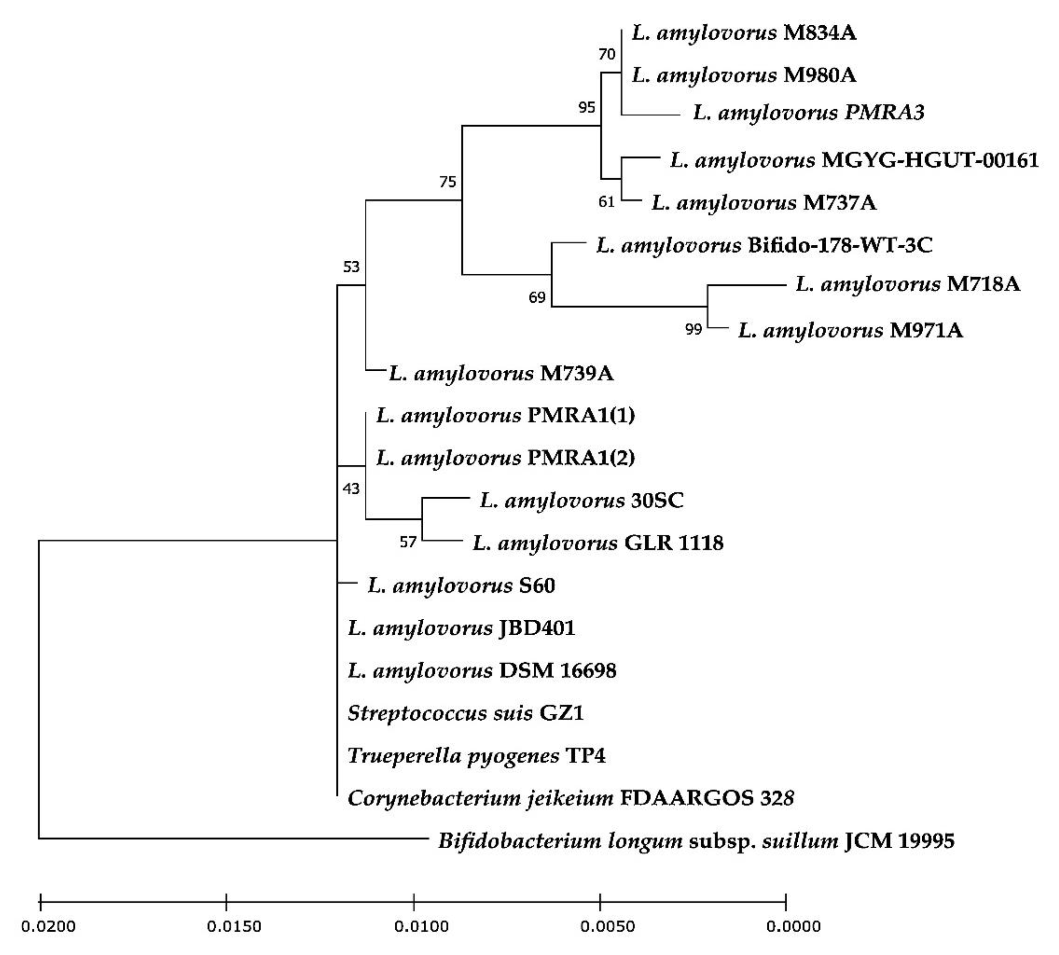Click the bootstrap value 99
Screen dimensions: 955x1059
coord(693,329)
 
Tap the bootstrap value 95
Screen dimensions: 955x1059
coord(587,107)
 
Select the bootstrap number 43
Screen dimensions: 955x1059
coord(351,489)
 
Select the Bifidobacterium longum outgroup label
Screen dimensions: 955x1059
coord(696,841)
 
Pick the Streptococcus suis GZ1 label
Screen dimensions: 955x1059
coord(466,713)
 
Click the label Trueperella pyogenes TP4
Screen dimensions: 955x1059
coord(476,756)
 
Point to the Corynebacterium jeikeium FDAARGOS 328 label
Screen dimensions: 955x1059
coord(570,798)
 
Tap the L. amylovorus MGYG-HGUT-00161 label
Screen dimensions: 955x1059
coord(854,160)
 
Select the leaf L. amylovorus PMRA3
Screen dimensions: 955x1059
coord(808,112)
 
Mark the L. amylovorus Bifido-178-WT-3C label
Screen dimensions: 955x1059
coord(764,245)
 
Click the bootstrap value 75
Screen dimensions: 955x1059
coord(448,182)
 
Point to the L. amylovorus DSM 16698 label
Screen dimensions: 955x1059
coord(482,671)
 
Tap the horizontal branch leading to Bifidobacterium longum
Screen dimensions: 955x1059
coord(231,838)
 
